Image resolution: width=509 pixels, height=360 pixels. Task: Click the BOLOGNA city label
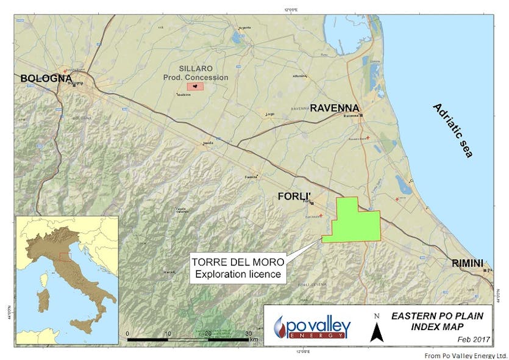[46, 78]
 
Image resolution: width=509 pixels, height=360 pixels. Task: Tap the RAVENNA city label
[334, 108]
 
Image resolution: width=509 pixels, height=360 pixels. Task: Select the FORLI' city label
[296, 196]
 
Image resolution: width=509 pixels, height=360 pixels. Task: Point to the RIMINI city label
[468, 263]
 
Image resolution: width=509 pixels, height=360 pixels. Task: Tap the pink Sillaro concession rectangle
[195, 87]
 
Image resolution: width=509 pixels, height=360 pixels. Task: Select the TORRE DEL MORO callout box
[238, 268]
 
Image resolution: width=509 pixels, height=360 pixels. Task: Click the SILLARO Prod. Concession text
[195, 74]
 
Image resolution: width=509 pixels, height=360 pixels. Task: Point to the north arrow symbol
[376, 331]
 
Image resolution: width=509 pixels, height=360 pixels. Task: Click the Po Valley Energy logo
[312, 326]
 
